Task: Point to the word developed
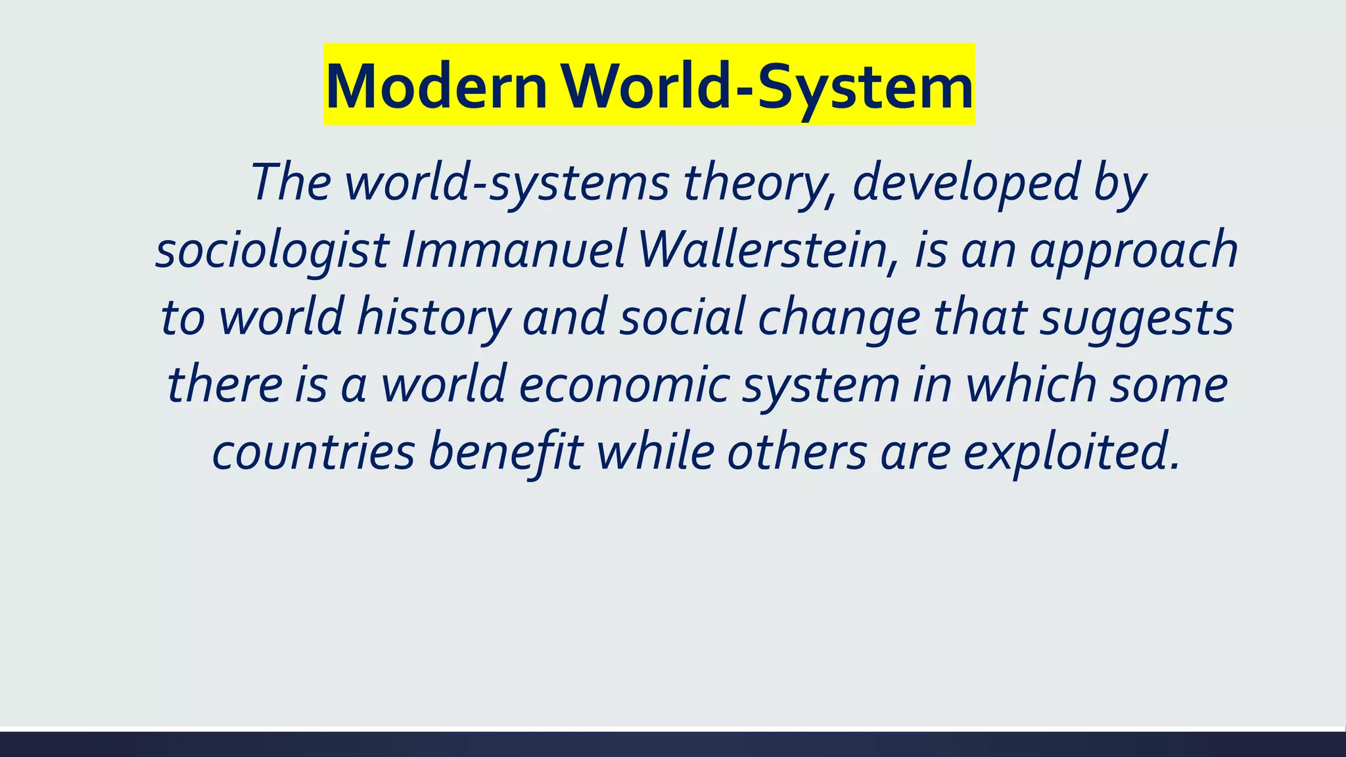click(966, 183)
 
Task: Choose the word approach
click(1134, 251)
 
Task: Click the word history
click(433, 318)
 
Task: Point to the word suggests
click(1137, 318)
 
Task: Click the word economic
click(624, 385)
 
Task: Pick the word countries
click(313, 453)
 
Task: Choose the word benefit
click(505, 453)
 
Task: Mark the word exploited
click(1071, 453)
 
